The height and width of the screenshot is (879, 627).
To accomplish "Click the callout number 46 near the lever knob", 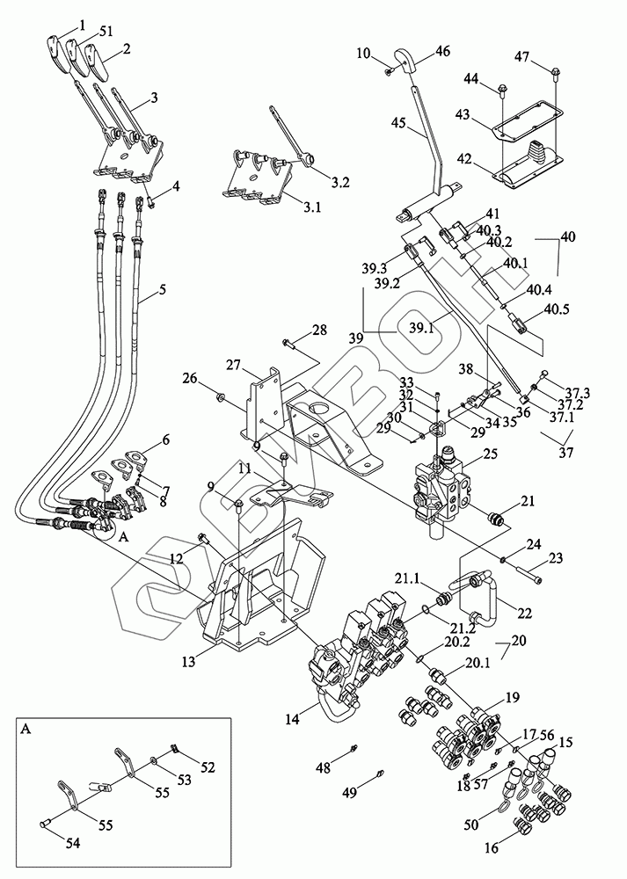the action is click(x=442, y=52).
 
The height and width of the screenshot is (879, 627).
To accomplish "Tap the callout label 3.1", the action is click(x=311, y=207).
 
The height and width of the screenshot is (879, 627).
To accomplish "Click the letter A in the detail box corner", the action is click(x=26, y=729).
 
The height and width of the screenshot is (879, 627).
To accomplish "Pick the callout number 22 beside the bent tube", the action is click(x=524, y=613).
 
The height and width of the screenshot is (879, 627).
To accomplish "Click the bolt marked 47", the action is click(x=556, y=72).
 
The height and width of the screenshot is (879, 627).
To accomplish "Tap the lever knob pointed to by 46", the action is click(x=407, y=60).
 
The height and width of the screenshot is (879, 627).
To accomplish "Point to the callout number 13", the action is click(x=188, y=661).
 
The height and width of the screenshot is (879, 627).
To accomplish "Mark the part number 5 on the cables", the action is click(x=163, y=290).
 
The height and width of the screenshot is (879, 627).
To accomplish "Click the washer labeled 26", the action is click(x=220, y=398).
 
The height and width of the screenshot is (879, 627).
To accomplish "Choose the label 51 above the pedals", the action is click(x=106, y=32).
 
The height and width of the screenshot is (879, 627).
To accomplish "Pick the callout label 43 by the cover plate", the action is click(x=463, y=113).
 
